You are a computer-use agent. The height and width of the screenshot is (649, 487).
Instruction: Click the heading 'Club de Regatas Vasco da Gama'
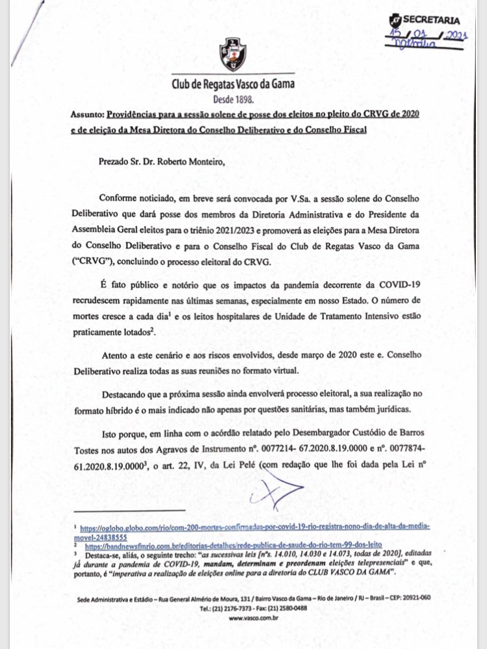(232, 85)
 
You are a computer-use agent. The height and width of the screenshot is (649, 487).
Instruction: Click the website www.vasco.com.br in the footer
(244, 619)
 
